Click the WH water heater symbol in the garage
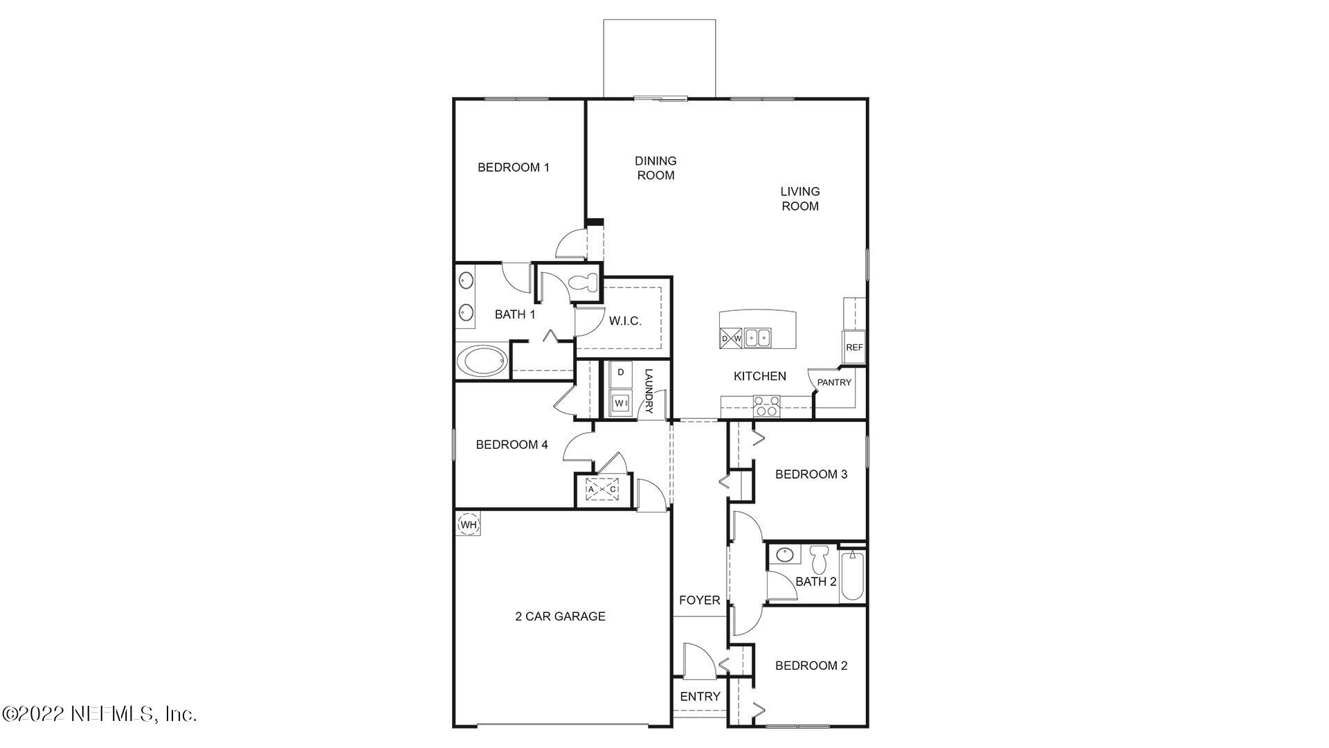[x=469, y=524]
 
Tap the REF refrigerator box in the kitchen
[x=854, y=347]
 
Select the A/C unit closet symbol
[x=602, y=489]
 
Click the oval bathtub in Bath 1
[x=482, y=362]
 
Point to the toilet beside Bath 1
[x=584, y=283]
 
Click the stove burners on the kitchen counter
[x=766, y=406]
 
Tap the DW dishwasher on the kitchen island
[x=731, y=338]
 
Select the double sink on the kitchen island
[x=758, y=338]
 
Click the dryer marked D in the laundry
[x=621, y=373]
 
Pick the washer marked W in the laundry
[x=620, y=402]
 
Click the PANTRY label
[x=834, y=382]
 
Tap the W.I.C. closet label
[x=625, y=321]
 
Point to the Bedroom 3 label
[x=811, y=474]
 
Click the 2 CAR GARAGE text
[x=560, y=616]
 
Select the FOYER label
[x=699, y=600]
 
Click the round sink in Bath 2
[x=785, y=555]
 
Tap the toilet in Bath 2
[x=820, y=558]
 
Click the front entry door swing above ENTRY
[x=694, y=661]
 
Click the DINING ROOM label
[x=656, y=168]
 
